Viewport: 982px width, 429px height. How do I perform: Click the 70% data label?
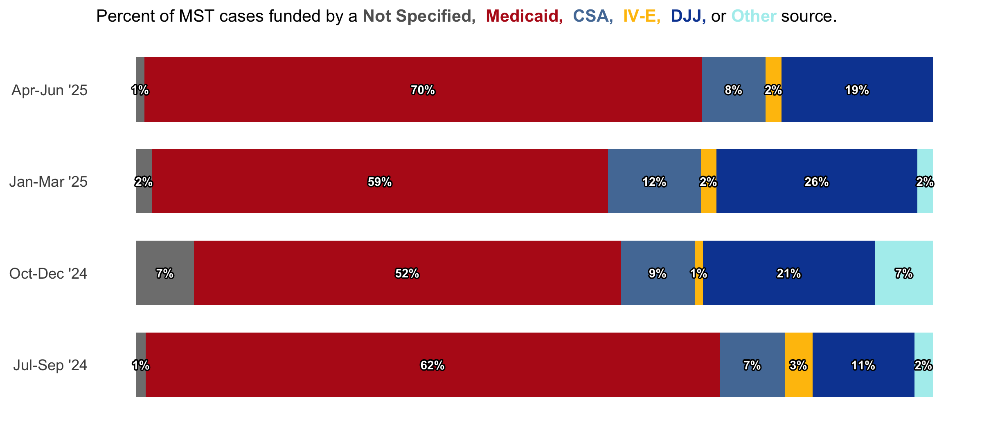pyautogui.click(x=423, y=90)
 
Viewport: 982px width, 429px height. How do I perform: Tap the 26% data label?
pyautogui.click(x=817, y=182)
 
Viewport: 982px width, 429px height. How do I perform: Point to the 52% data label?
pyautogui.click(x=407, y=273)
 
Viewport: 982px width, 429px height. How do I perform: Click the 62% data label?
pyautogui.click(x=432, y=365)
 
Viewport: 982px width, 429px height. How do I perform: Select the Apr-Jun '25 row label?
pyautogui.click(x=50, y=90)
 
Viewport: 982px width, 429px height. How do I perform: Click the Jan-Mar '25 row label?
pyautogui.click(x=48, y=182)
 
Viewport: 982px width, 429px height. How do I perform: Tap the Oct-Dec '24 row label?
pyautogui.click(x=48, y=273)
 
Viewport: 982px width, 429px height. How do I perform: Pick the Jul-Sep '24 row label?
pyautogui.click(x=50, y=365)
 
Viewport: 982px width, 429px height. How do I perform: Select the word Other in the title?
pyautogui.click(x=754, y=16)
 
